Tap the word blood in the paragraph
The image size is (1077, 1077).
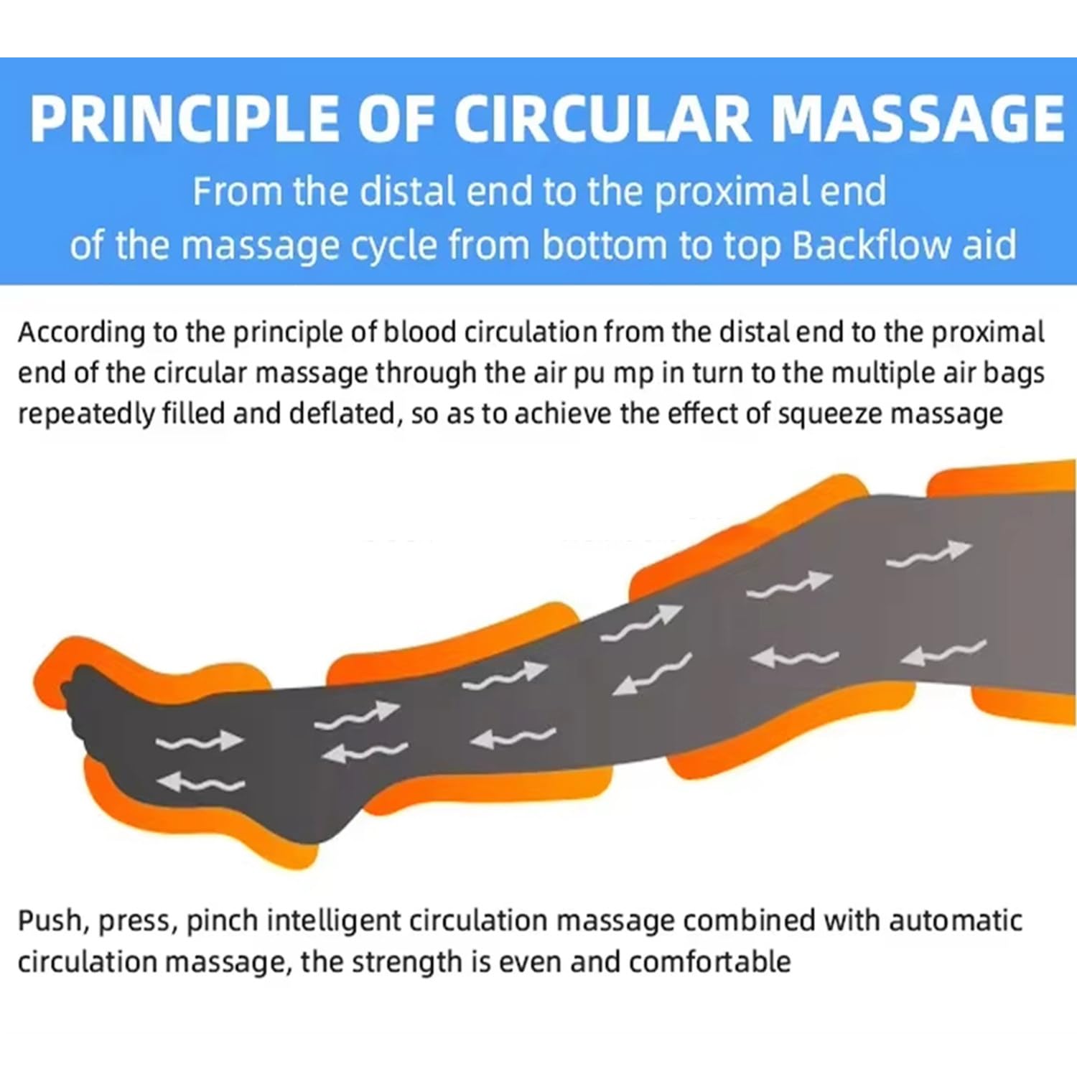pos(420,332)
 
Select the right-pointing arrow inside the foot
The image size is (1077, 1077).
pos(200,740)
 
